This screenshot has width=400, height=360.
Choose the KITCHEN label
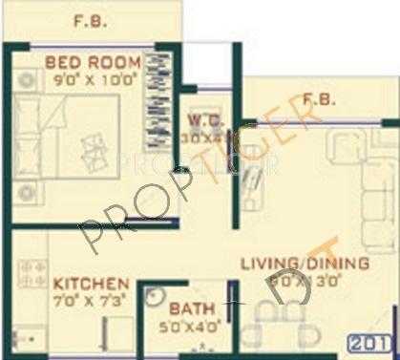pos(91,285)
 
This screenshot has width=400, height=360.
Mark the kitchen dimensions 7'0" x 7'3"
pos(91,302)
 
